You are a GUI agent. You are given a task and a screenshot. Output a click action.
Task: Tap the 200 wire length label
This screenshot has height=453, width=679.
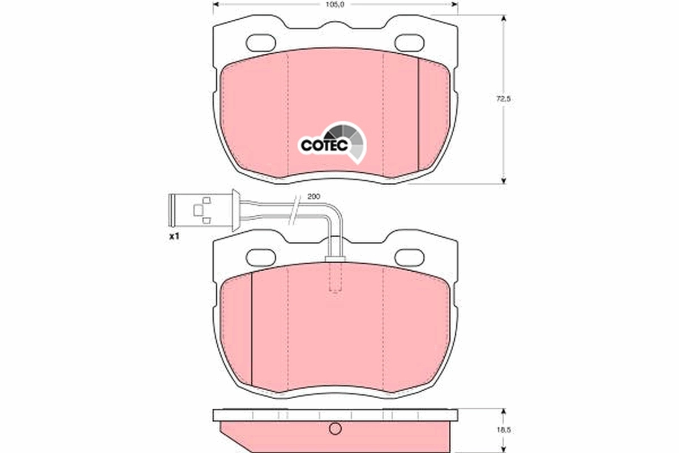pyautogui.click(x=313, y=196)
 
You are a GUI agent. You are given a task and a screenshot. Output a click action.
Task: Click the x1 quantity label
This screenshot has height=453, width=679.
pyautogui.click(x=174, y=236)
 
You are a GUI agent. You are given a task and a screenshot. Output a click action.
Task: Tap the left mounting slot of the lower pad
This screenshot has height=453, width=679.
pyautogui.click(x=261, y=257)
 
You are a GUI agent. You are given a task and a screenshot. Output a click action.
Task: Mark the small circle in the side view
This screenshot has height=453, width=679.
pyautogui.click(x=336, y=429)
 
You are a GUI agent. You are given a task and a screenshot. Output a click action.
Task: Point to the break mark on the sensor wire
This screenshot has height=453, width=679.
pyautogui.click(x=293, y=210)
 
